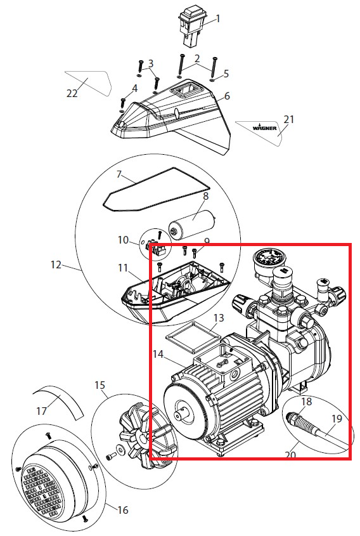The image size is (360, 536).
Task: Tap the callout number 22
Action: tap(72, 93)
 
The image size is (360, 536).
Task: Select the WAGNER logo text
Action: tap(265, 128)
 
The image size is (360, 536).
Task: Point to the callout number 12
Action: tap(56, 265)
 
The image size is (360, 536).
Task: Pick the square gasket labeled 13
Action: tap(192, 337)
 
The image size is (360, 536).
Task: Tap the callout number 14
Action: tap(158, 354)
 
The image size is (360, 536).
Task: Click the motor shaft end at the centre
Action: tap(180, 415)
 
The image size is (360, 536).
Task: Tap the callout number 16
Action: tap(122, 510)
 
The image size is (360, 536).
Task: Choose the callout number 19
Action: tap(337, 418)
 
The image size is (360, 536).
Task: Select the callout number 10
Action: tap(123, 240)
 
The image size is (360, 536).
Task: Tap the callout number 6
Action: tap(227, 96)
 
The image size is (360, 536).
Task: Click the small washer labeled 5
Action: tap(212, 81)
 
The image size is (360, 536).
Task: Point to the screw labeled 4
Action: tap(124, 103)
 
